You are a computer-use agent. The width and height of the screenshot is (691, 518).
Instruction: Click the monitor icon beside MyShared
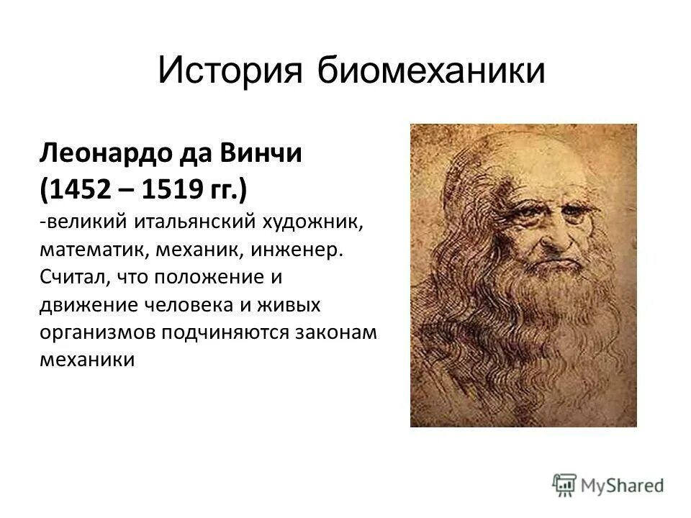tap(564, 484)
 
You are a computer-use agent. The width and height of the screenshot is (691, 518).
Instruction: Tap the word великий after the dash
tap(83, 222)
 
